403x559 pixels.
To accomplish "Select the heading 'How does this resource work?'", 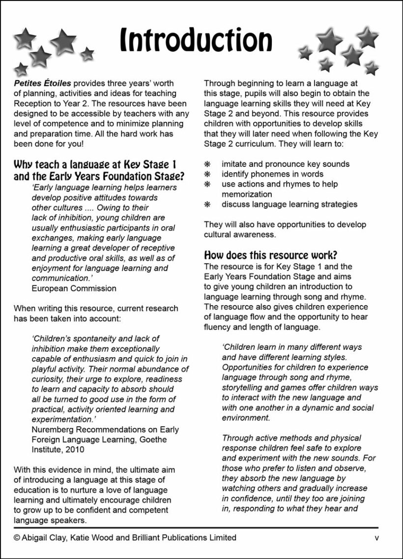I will click(270, 255).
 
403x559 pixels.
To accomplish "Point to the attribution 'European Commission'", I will click(74, 288).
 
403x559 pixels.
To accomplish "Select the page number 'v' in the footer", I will click(377, 538).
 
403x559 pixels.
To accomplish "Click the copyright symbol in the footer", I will click(17, 538).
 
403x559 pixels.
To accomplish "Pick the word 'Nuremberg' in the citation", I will click(51, 430).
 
